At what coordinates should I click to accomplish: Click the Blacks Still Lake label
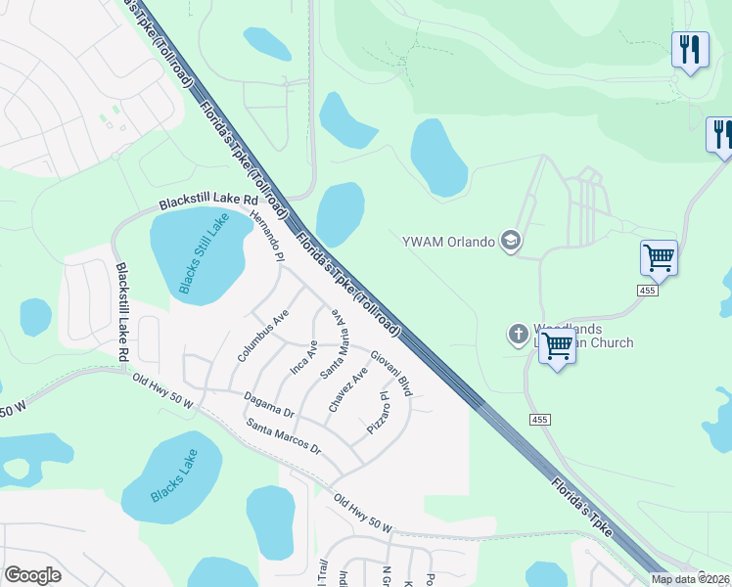pyautogui.click(x=204, y=254)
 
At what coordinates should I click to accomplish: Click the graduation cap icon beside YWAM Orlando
pyautogui.click(x=510, y=241)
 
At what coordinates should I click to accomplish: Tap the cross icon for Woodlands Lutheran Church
pyautogui.click(x=518, y=336)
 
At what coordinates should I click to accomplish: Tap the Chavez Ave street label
pyautogui.click(x=348, y=389)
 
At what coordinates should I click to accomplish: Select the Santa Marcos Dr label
pyautogui.click(x=284, y=436)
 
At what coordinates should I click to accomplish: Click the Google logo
pyautogui.click(x=32, y=575)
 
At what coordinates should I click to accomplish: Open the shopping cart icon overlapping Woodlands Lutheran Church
pyautogui.click(x=557, y=345)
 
